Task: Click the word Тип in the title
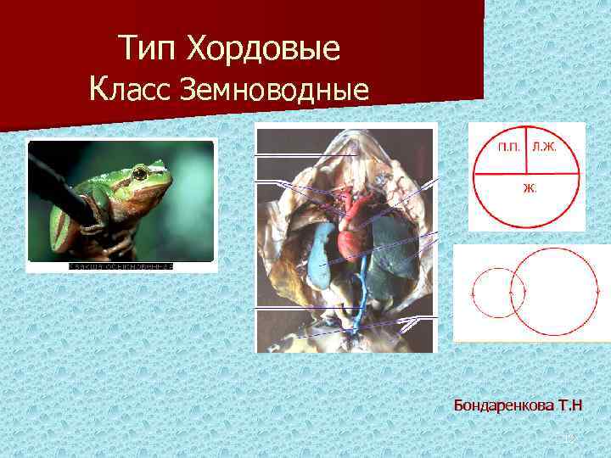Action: [x=147, y=48]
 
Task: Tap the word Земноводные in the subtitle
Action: [x=274, y=88]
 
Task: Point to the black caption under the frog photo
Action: [x=121, y=266]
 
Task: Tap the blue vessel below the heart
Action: [x=360, y=293]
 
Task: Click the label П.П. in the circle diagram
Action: [x=509, y=148]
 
